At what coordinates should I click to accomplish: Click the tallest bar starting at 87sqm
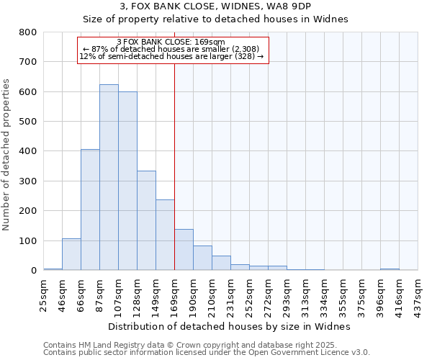[x=109, y=177]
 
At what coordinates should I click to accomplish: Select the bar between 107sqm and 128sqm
[x=127, y=181]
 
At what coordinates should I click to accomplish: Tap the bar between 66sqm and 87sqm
[x=90, y=210]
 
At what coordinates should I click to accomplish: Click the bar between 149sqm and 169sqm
[x=165, y=235]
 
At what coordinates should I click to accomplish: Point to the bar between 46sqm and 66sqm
[x=71, y=254]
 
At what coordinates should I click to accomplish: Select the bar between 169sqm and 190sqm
[x=184, y=250]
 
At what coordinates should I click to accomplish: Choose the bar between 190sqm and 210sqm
[x=202, y=258]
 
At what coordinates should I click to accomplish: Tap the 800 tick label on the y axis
[x=27, y=32]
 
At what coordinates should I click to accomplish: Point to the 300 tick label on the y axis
[x=27, y=181]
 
